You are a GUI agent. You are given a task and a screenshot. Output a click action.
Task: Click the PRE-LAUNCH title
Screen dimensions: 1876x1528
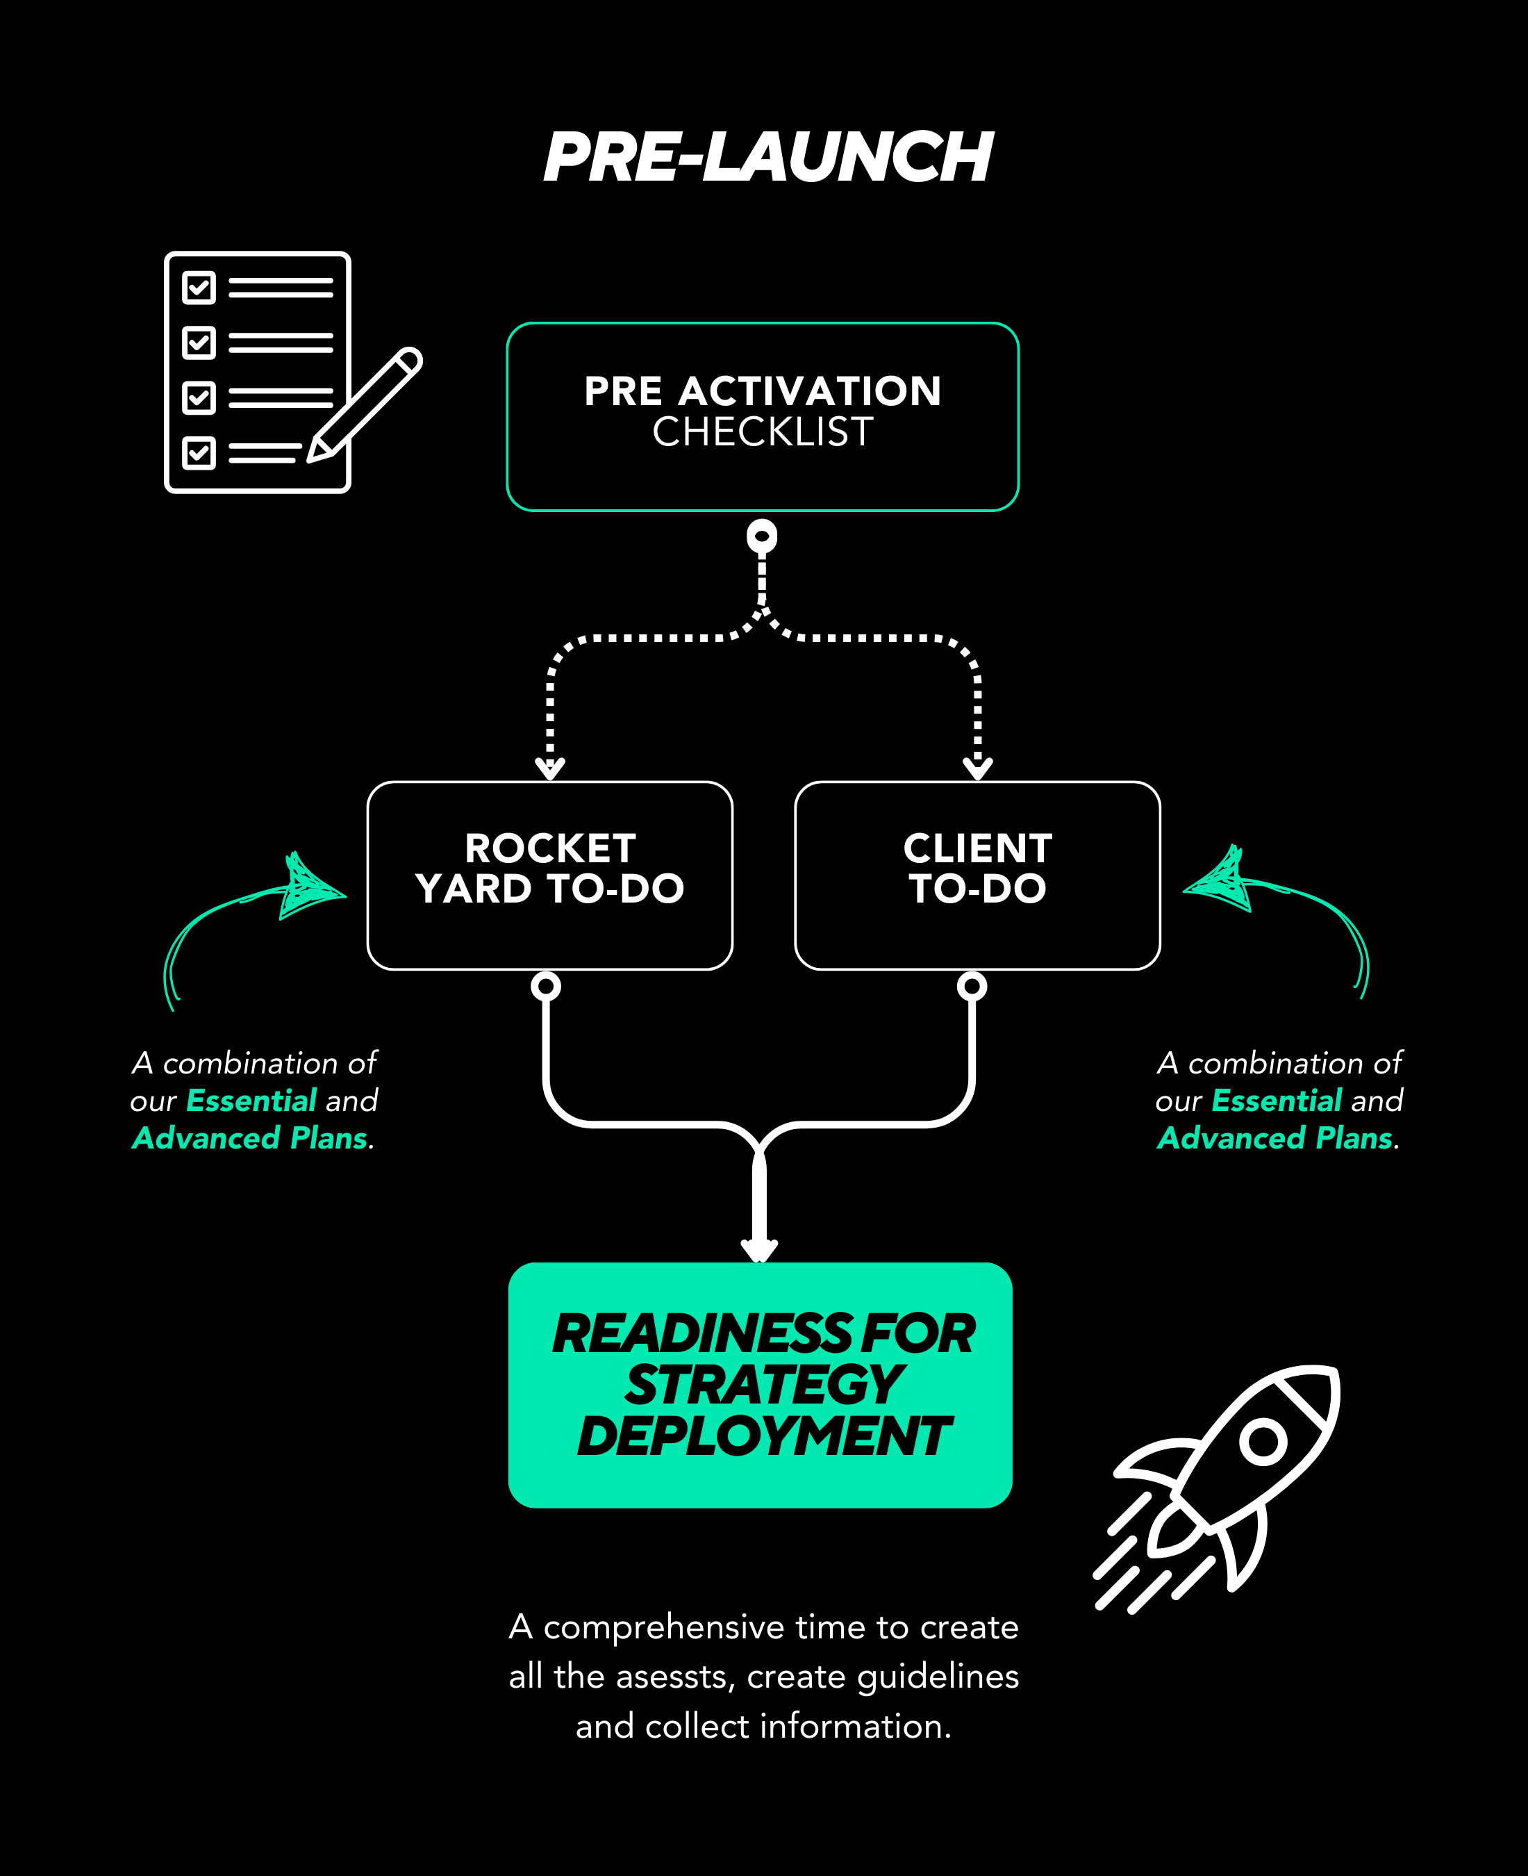767,158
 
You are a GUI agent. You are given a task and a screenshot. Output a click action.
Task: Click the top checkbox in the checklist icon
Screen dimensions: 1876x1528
199,287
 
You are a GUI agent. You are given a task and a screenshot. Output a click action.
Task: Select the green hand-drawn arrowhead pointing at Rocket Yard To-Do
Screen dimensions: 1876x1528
310,887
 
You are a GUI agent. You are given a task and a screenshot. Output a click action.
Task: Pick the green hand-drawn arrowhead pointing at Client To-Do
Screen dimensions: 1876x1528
1219,882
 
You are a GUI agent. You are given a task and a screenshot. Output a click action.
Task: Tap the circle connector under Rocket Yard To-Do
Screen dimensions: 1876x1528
546,986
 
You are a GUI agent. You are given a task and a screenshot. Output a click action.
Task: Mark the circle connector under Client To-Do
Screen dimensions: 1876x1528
972,986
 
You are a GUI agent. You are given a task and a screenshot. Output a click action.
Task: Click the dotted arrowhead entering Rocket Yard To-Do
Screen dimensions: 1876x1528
550,768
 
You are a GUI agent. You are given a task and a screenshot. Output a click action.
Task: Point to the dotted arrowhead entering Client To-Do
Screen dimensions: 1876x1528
978,768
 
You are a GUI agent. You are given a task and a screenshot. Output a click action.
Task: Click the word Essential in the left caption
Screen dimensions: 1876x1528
251,1101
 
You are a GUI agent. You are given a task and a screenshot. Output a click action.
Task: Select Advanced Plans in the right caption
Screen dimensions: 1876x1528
1275,1138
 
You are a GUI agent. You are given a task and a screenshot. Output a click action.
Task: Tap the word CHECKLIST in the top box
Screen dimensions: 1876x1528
762,432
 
